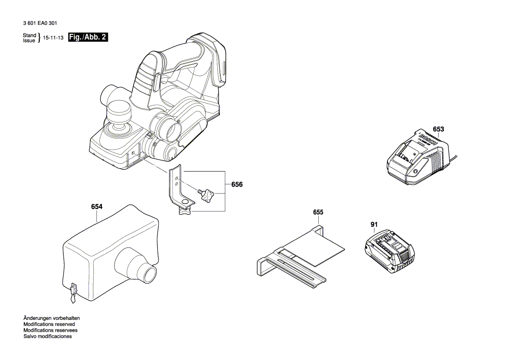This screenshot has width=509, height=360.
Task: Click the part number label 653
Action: [x=438, y=129]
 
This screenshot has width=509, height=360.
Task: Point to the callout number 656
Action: [x=237, y=185]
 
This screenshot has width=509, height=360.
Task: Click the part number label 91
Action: [x=374, y=224]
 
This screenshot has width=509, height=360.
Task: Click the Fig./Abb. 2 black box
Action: [x=88, y=37]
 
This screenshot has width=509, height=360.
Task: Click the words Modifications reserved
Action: [x=49, y=324]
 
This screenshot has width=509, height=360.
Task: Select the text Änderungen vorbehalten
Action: [x=51, y=318]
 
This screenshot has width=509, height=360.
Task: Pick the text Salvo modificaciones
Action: [x=47, y=336]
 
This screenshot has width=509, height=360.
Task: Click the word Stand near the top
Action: [x=29, y=35]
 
